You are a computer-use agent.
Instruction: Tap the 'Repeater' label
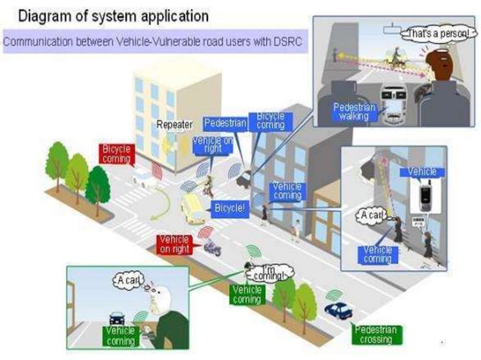[175, 124]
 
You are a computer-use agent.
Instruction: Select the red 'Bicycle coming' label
[116, 154]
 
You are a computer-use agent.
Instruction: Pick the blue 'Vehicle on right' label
[212, 145]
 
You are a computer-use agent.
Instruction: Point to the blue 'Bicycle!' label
[229, 206]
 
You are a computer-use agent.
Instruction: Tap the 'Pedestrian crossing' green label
[375, 334]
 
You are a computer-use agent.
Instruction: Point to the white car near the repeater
[146, 178]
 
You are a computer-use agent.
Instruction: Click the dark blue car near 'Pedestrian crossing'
[339, 310]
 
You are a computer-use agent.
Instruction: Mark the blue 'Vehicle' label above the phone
[422, 172]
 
